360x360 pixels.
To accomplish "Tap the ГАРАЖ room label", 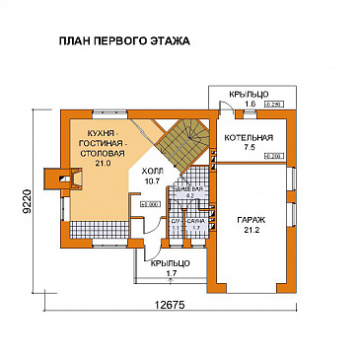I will pos(247,222).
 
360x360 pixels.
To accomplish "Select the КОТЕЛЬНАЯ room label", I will pos(243,137).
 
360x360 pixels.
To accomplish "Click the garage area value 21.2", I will pos(247,232).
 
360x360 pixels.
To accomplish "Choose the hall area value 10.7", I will pos(153,181).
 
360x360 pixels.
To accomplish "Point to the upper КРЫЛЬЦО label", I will pos(248,94).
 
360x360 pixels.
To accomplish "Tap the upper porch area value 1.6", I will pos(250,103).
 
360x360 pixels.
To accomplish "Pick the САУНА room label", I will pos(195,222).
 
